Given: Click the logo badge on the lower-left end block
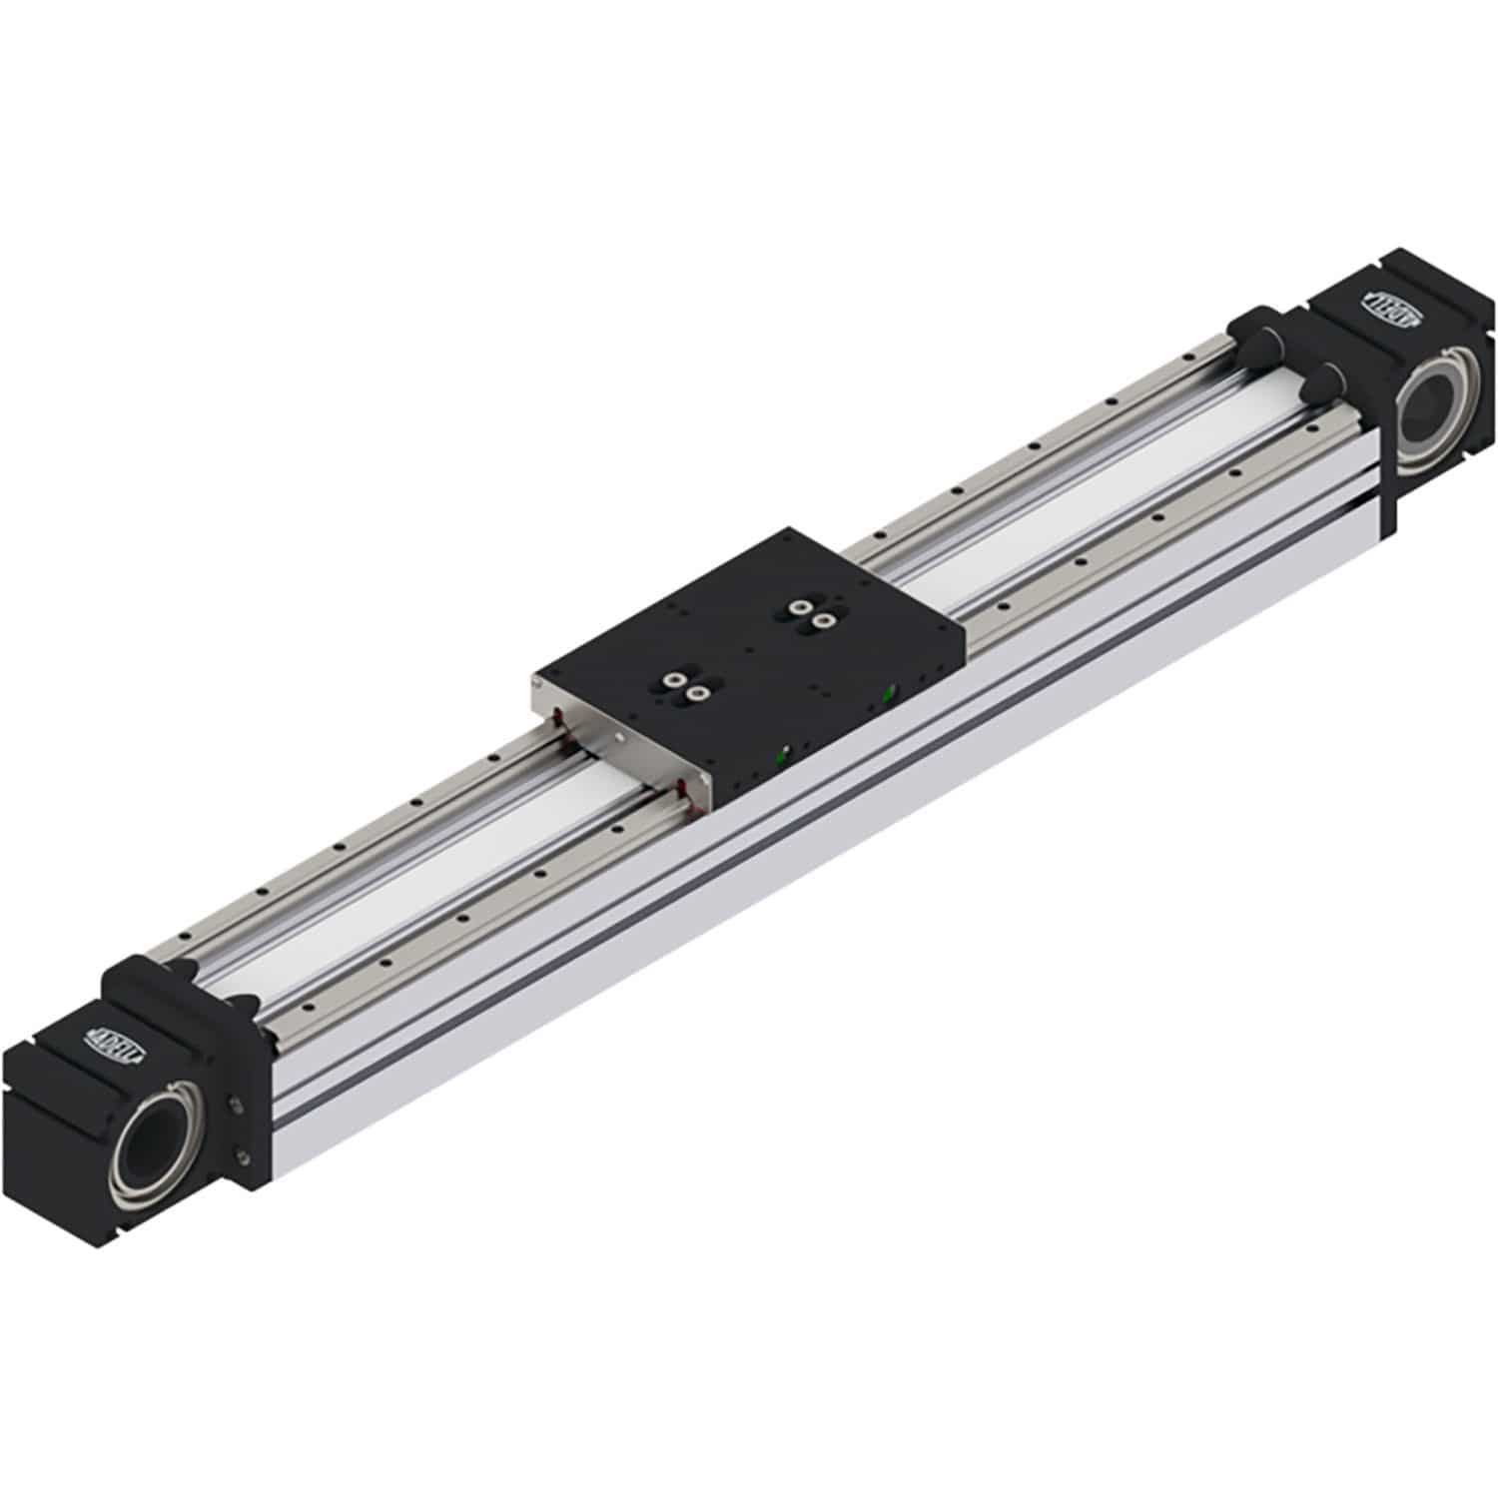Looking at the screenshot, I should [118, 1037].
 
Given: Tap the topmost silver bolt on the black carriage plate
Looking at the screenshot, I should [798, 606].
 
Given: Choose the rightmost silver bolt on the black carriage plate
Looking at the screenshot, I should [823, 620].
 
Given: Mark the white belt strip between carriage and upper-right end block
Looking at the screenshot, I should [1079, 519].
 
